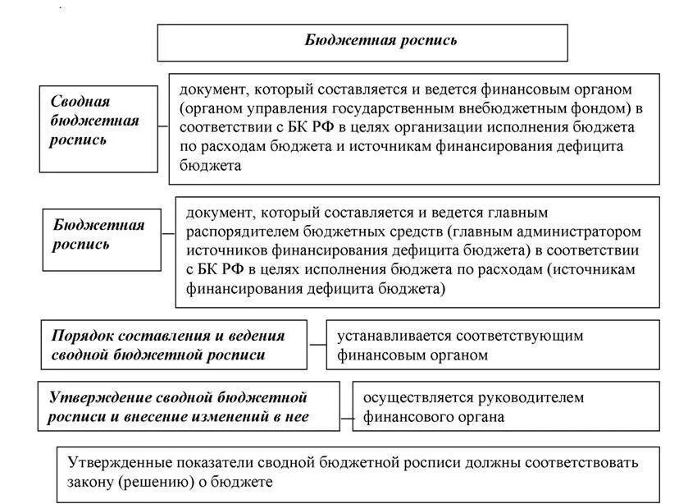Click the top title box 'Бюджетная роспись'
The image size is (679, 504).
(362, 41)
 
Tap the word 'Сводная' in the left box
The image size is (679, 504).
(80, 102)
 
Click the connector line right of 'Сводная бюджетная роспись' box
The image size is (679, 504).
(163, 127)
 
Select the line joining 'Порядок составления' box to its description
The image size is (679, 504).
(317, 344)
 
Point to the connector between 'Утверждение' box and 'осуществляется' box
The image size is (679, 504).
(346, 417)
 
